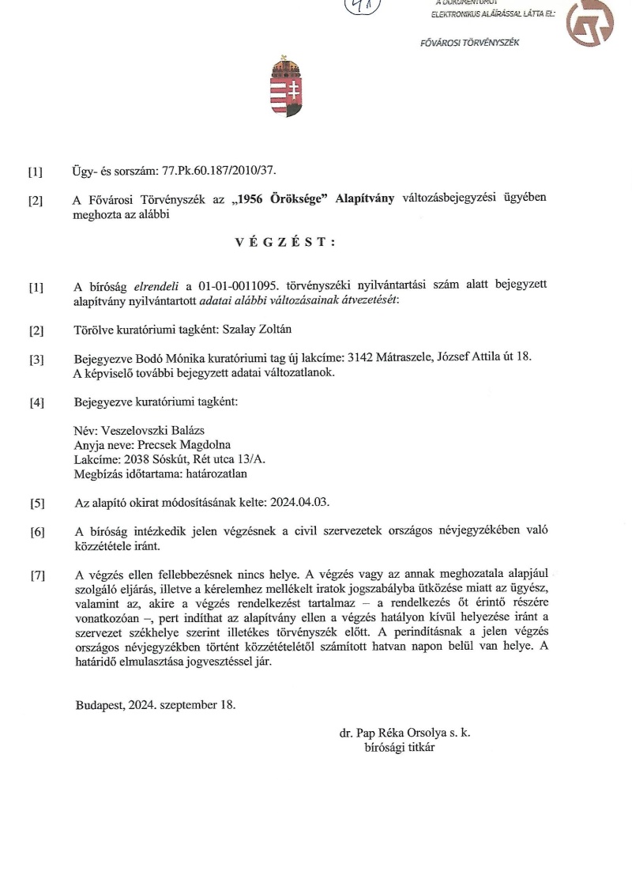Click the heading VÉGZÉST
285,243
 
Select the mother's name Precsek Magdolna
186,445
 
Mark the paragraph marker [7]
36,575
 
